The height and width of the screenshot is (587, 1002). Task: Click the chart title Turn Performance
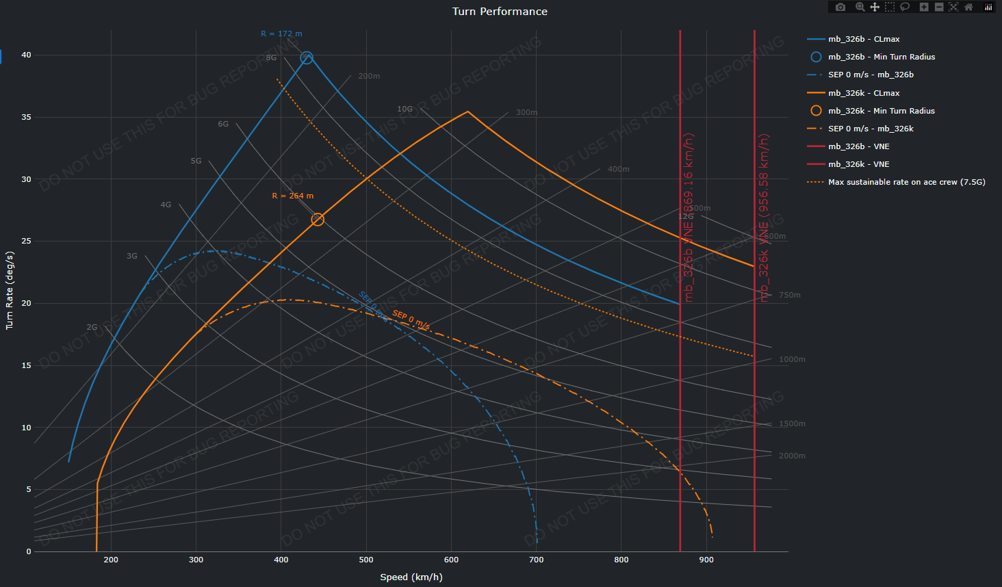(x=500, y=12)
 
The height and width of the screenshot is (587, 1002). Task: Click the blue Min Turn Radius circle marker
(x=307, y=58)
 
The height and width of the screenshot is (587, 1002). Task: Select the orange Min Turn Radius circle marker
(x=318, y=220)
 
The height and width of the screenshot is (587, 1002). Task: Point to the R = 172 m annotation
(x=281, y=34)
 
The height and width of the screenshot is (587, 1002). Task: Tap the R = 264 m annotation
(x=293, y=196)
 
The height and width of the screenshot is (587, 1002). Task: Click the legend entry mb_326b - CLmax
(x=864, y=39)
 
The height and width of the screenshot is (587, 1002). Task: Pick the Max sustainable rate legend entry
(x=906, y=182)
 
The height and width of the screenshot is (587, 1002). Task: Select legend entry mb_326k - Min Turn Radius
(x=881, y=111)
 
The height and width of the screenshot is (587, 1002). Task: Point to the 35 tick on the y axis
(x=26, y=117)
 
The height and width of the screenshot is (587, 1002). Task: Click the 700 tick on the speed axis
(x=537, y=560)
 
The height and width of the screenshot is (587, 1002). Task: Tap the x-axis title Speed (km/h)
(x=411, y=577)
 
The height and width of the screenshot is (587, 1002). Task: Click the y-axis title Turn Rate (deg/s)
(x=10, y=290)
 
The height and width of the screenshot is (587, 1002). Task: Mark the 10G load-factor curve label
(x=405, y=109)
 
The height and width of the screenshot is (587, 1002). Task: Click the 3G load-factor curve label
(x=132, y=256)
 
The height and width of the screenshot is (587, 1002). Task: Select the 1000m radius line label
(x=792, y=359)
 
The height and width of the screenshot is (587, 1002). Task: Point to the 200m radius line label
(x=369, y=76)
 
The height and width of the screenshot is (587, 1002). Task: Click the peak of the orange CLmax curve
(x=468, y=112)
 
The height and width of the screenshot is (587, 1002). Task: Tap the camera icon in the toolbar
(x=840, y=7)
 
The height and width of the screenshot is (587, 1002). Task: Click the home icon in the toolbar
(x=968, y=7)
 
